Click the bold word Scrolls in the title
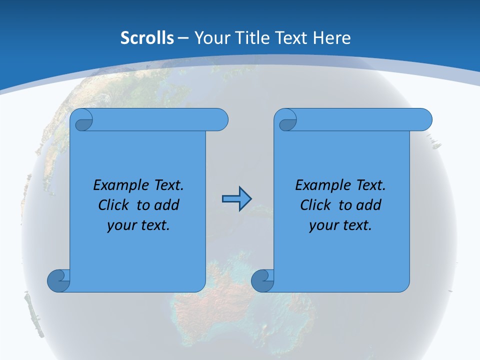[x=147, y=38]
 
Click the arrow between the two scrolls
[x=236, y=199]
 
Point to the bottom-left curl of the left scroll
[x=59, y=280]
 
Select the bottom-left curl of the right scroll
[x=262, y=280]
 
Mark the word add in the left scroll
[x=167, y=205]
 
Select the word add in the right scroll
[x=369, y=205]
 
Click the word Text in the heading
[x=291, y=38]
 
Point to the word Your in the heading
[x=209, y=38]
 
